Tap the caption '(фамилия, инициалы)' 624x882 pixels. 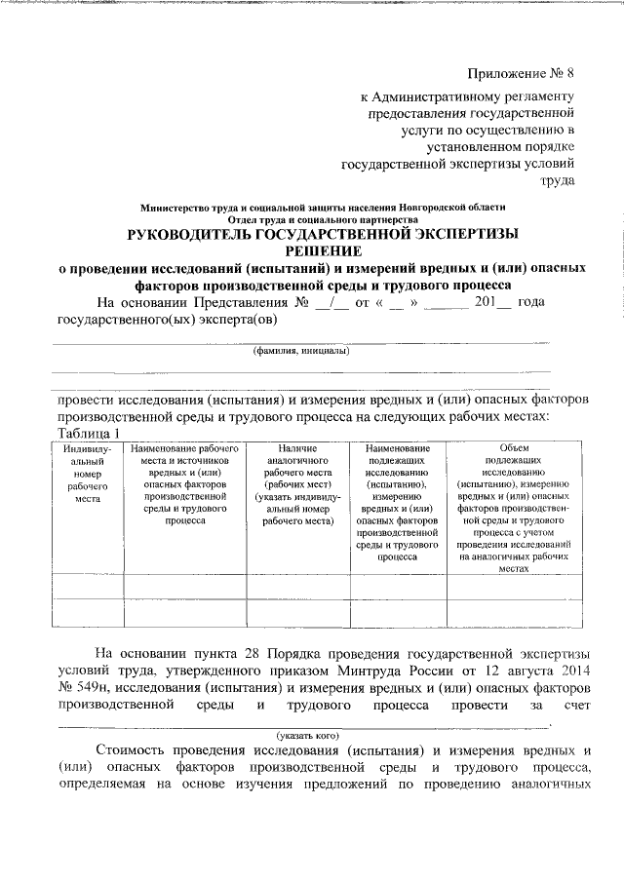point(300,351)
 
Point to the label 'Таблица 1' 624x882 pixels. point(89,433)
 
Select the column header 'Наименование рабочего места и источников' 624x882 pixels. point(184,483)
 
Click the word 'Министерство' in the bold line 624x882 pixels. point(178,208)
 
